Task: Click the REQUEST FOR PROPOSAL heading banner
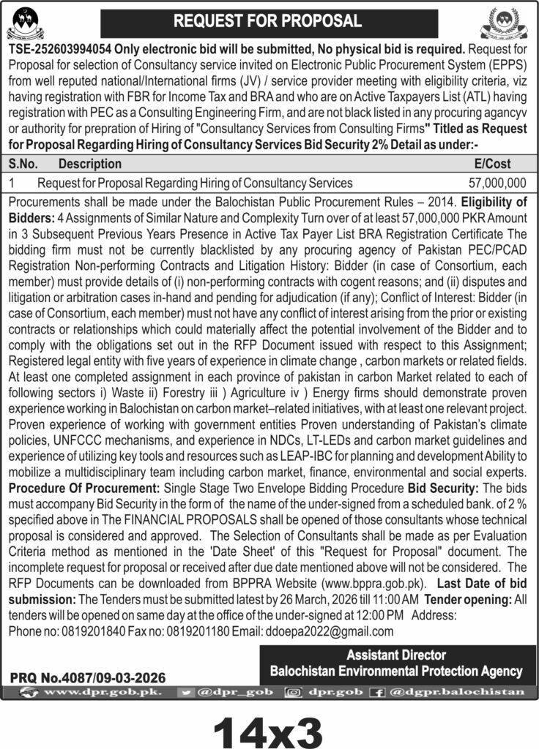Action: click(268, 21)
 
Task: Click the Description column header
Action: click(90, 164)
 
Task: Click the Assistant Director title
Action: click(396, 655)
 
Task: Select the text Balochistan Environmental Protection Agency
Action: click(396, 671)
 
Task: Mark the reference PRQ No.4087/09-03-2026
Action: click(89, 677)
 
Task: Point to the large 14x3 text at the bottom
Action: click(268, 727)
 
